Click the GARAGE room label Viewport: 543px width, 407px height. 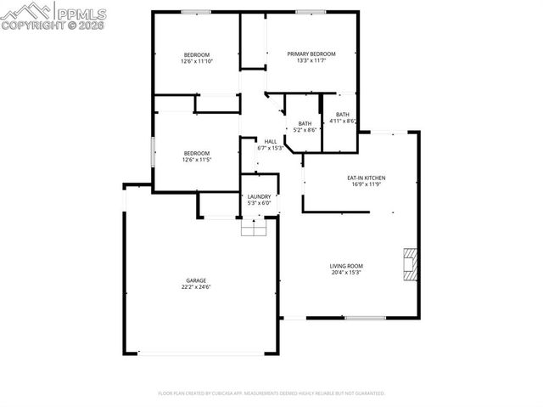197,280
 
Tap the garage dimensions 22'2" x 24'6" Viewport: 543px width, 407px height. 197,287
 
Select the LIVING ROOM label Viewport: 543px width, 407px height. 346,267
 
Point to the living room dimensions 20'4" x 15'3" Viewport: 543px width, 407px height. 346,274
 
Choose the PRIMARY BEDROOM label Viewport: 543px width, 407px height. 316,54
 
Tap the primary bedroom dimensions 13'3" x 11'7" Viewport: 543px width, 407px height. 316,60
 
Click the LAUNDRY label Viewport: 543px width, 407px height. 259,196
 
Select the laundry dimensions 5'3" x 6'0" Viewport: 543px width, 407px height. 259,203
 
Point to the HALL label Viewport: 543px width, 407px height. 270,141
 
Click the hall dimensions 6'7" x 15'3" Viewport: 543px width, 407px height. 270,148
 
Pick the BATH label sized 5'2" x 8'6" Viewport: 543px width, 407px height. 305,123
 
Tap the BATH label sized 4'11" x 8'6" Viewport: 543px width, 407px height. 343,115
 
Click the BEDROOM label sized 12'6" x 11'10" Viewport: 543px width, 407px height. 197,54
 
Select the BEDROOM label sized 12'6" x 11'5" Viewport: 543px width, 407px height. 197,153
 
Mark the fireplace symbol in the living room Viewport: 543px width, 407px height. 410,264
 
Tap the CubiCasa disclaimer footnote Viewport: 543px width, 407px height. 271,393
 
